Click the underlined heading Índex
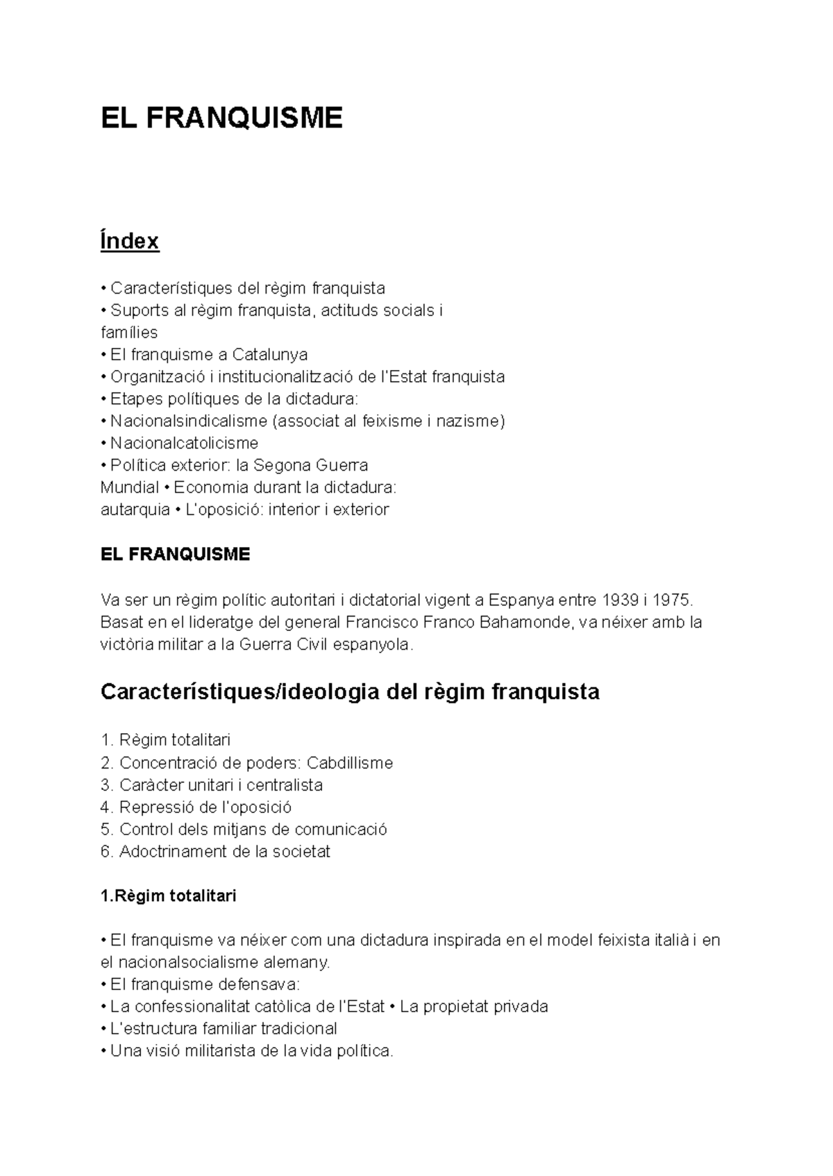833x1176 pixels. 130,241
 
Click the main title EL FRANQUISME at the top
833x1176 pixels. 221,118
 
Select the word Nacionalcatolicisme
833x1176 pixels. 184,443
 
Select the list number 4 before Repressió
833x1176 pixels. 106,807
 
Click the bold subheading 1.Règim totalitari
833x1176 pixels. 169,896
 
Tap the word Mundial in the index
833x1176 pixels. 129,487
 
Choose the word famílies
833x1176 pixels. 129,333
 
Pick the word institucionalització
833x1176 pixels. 286,377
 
